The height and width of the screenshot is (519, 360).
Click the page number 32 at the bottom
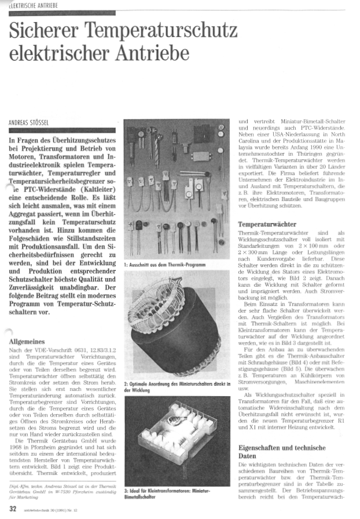(12, 510)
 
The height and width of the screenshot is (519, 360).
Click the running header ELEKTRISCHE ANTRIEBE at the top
(31, 5)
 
